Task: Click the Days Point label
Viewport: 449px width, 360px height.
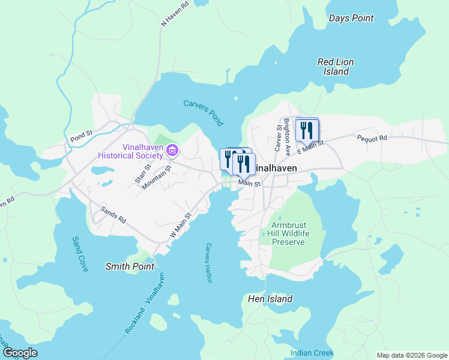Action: [x=351, y=19]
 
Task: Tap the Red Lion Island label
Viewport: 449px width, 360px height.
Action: [x=336, y=67]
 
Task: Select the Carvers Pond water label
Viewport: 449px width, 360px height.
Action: [x=203, y=113]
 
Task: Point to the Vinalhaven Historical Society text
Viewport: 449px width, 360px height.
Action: [x=133, y=151]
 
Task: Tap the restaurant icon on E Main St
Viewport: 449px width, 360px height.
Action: [x=307, y=130]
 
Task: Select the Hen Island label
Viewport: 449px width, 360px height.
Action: [x=270, y=299]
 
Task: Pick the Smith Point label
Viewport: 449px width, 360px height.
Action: [x=130, y=266]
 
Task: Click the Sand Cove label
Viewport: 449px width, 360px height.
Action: [x=80, y=254]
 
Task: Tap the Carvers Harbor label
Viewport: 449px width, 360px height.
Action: [x=209, y=262]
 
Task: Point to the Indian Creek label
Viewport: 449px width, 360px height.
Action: [x=309, y=353]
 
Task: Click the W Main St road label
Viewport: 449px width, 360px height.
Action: [x=180, y=225]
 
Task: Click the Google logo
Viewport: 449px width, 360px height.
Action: [x=20, y=353]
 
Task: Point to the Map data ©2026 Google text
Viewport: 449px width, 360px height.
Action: [x=411, y=355]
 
